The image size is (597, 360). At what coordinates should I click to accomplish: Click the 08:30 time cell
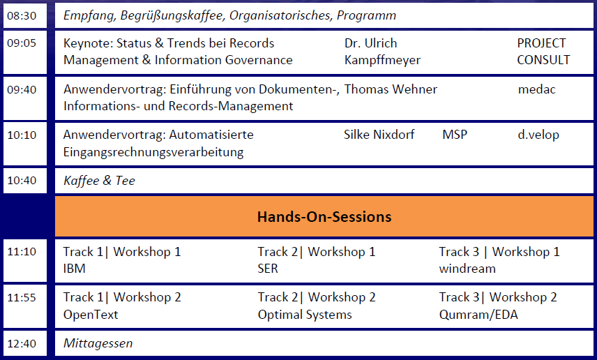pos(22,15)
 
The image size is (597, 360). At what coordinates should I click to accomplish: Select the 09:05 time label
pos(22,43)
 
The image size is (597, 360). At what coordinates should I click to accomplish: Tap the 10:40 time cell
pos(22,181)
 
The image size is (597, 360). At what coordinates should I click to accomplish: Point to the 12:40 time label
pos(22,343)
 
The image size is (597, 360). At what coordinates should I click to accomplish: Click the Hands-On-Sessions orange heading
pos(324,217)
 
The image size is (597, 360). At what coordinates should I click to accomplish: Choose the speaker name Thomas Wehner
pos(391,89)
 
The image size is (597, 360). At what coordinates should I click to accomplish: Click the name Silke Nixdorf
pos(379,135)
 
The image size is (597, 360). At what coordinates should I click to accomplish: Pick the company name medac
pos(537,89)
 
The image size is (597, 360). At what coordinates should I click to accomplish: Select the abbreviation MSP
pos(455,135)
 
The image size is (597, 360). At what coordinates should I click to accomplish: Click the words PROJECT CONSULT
pos(543,52)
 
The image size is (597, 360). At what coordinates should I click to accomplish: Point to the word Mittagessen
pos(98,343)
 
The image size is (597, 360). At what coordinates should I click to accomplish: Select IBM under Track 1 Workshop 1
pos(74,269)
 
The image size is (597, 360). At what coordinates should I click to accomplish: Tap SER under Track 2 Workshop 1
pos(269,269)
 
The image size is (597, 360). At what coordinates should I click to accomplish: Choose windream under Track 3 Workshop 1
pos(467,269)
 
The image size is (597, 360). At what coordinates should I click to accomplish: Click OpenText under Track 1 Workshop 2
pos(91,315)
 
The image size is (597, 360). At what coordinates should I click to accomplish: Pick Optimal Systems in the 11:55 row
pos(305,315)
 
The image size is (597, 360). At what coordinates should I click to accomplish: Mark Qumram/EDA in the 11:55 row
pos(478,315)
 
